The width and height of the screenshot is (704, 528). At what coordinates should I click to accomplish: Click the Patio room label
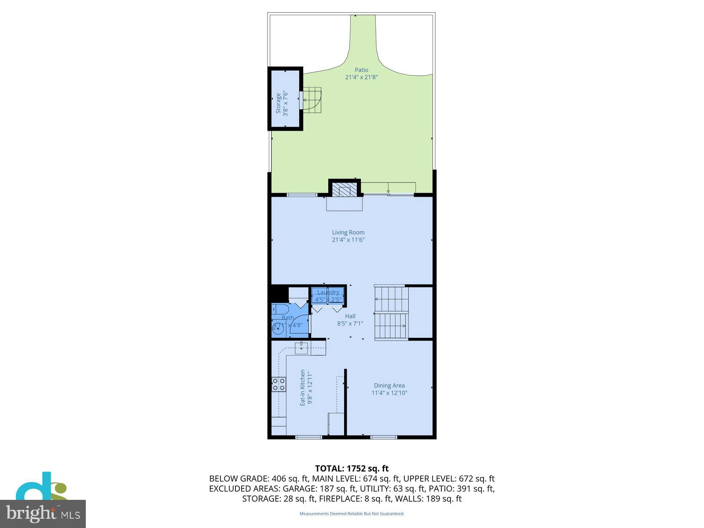[x=361, y=70]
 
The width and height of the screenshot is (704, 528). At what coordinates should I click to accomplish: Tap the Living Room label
[x=348, y=232]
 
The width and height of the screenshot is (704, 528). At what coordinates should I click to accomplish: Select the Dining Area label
[x=389, y=385]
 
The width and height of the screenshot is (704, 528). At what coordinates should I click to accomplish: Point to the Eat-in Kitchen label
[x=303, y=388]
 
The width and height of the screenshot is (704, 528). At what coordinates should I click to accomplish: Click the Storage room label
[x=278, y=103]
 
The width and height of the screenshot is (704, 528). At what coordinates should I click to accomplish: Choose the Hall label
[x=350, y=316]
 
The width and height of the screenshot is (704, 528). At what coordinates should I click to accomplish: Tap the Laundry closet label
[x=328, y=293]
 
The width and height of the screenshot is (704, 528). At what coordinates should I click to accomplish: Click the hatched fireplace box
[x=341, y=191]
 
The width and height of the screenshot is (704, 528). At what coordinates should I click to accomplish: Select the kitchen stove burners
[x=279, y=384]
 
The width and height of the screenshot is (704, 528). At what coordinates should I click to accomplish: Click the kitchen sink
[x=301, y=348]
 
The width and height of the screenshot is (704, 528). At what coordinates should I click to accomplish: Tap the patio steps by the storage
[x=312, y=100]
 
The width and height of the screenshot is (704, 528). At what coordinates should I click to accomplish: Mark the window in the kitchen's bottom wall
[x=308, y=437]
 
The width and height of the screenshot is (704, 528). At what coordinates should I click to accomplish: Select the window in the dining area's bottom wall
[x=384, y=437]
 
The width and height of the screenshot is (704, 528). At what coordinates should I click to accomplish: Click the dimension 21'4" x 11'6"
[x=348, y=240]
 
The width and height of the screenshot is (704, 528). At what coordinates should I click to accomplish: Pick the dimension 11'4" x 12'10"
[x=389, y=393]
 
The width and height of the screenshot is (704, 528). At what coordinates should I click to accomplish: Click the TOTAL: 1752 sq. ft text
[x=352, y=469]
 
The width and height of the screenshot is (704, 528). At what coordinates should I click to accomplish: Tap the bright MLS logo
[x=43, y=513]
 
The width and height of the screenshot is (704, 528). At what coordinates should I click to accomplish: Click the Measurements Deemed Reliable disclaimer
[x=352, y=513]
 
